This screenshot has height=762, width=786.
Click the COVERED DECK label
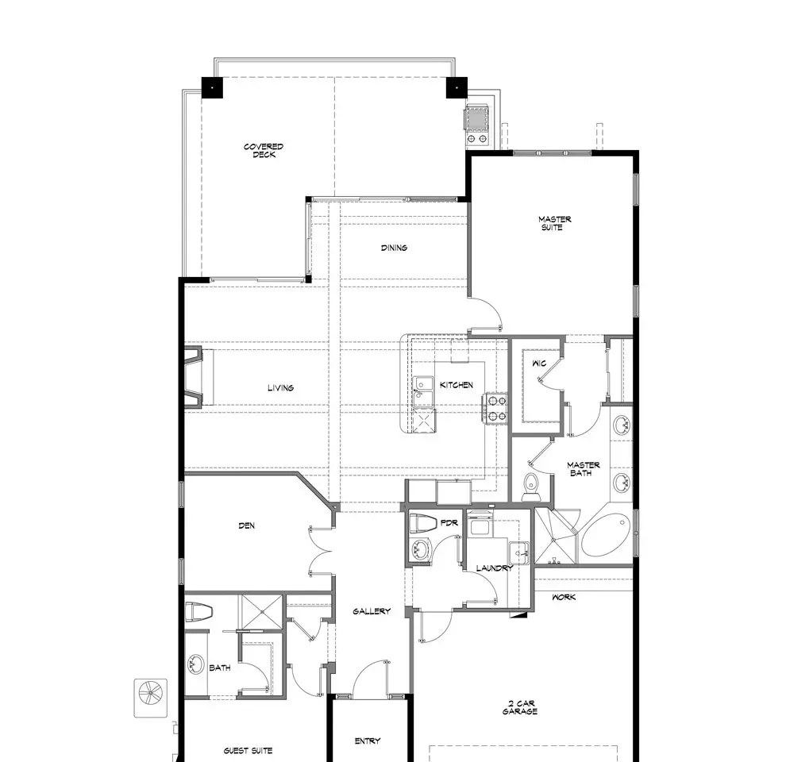coord(264,150)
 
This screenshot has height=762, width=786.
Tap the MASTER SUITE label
coord(554,223)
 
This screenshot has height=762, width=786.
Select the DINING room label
coord(394,248)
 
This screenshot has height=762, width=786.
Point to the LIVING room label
coord(281,387)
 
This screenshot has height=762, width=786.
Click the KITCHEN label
coord(457,385)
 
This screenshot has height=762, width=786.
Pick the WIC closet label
coord(539,363)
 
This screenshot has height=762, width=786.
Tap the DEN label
coord(247,525)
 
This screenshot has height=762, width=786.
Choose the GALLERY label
coord(372,611)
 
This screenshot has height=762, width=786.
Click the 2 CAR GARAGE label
coord(520,707)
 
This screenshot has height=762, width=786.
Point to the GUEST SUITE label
coord(249,750)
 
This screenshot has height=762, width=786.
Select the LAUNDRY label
coord(495,568)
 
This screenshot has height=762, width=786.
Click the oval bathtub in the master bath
coord(606,534)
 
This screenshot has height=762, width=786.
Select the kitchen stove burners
coord(495,408)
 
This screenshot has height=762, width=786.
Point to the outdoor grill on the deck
coord(476,125)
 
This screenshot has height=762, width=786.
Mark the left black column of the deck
coord(212,88)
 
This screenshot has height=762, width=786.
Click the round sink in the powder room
coord(421,550)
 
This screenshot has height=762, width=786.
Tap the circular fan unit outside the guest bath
coord(150,698)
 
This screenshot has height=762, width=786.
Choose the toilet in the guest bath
coord(199,612)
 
